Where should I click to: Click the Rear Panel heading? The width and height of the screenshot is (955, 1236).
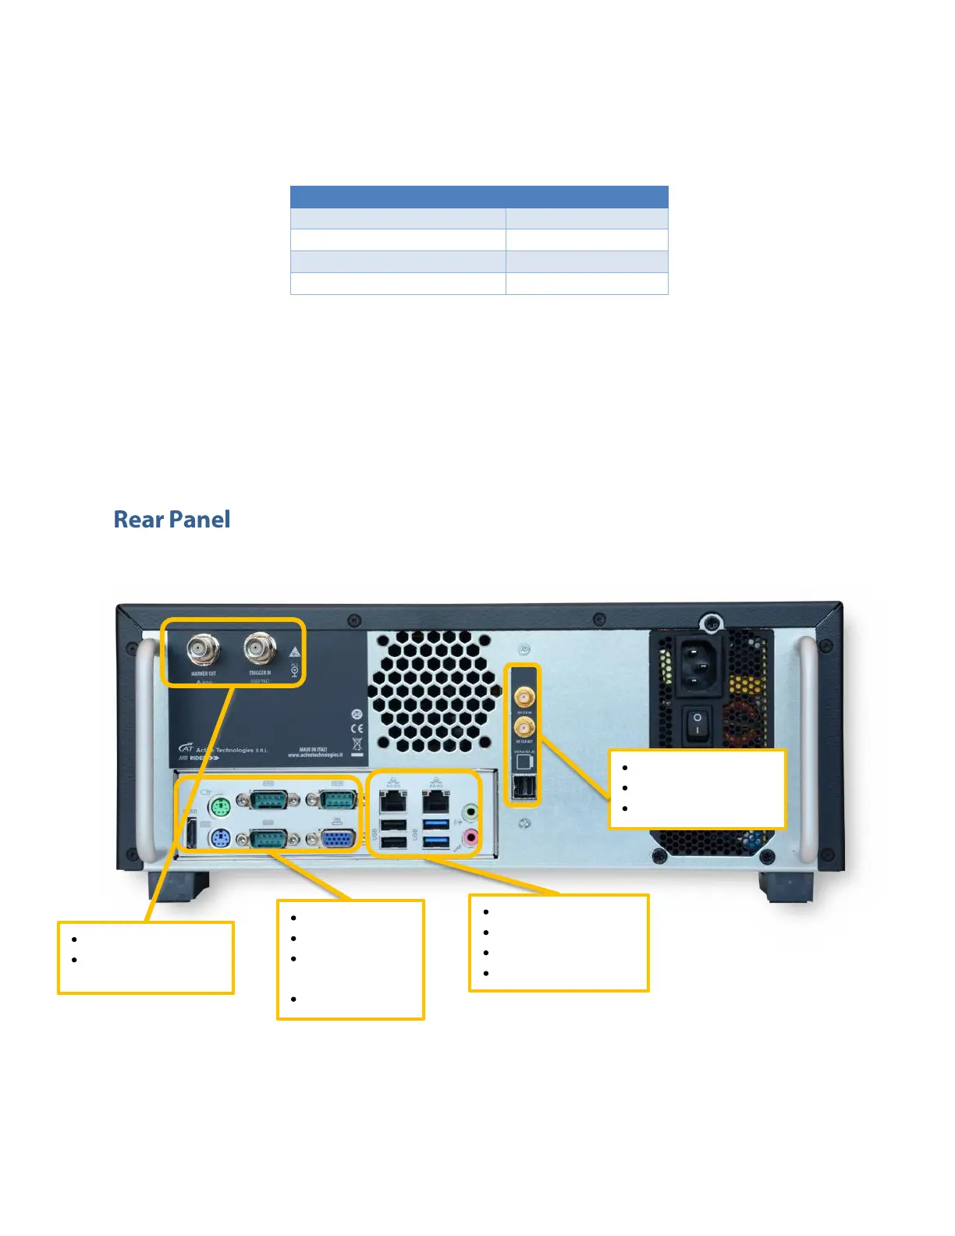[172, 520]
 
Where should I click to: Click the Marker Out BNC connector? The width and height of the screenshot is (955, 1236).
[203, 648]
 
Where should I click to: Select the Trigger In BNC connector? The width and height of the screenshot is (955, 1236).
[260, 647]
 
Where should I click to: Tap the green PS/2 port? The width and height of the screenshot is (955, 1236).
[220, 806]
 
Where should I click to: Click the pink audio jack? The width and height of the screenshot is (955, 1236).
[470, 838]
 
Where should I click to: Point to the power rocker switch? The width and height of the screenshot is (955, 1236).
[698, 723]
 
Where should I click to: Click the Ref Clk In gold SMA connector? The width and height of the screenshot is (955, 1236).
[524, 697]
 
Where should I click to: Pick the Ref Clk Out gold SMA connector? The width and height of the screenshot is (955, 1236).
[524, 727]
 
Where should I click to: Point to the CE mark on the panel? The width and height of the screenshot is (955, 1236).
[357, 728]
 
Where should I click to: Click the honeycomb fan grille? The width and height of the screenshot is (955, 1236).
[434, 690]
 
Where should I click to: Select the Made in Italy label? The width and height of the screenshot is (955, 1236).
[314, 749]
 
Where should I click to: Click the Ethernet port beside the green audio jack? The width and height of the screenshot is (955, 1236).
[436, 801]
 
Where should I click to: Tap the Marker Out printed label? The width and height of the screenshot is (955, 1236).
[203, 673]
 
